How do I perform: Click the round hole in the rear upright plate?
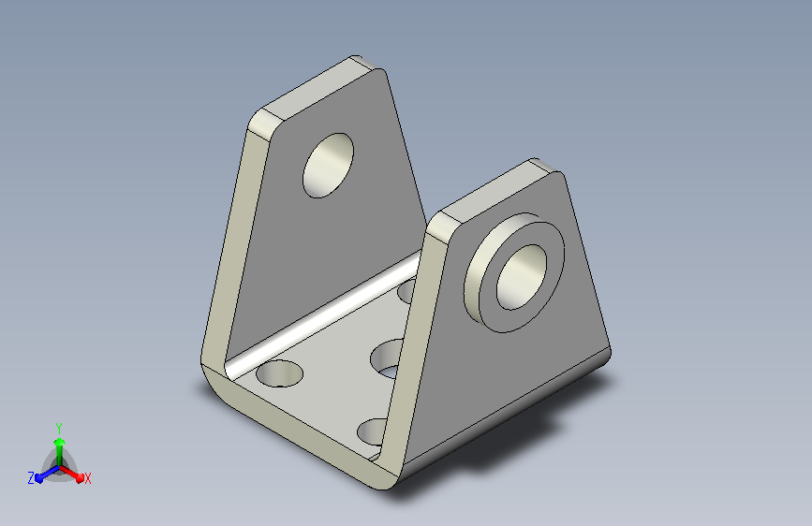point(328,165)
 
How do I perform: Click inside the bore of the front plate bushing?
point(521,277)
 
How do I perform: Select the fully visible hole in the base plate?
point(279,373)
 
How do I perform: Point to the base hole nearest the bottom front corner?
point(372,432)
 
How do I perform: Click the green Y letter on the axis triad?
point(59,428)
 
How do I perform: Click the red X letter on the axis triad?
point(87,478)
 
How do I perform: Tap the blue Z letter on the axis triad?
point(31,478)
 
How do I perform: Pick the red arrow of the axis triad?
point(72,474)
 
